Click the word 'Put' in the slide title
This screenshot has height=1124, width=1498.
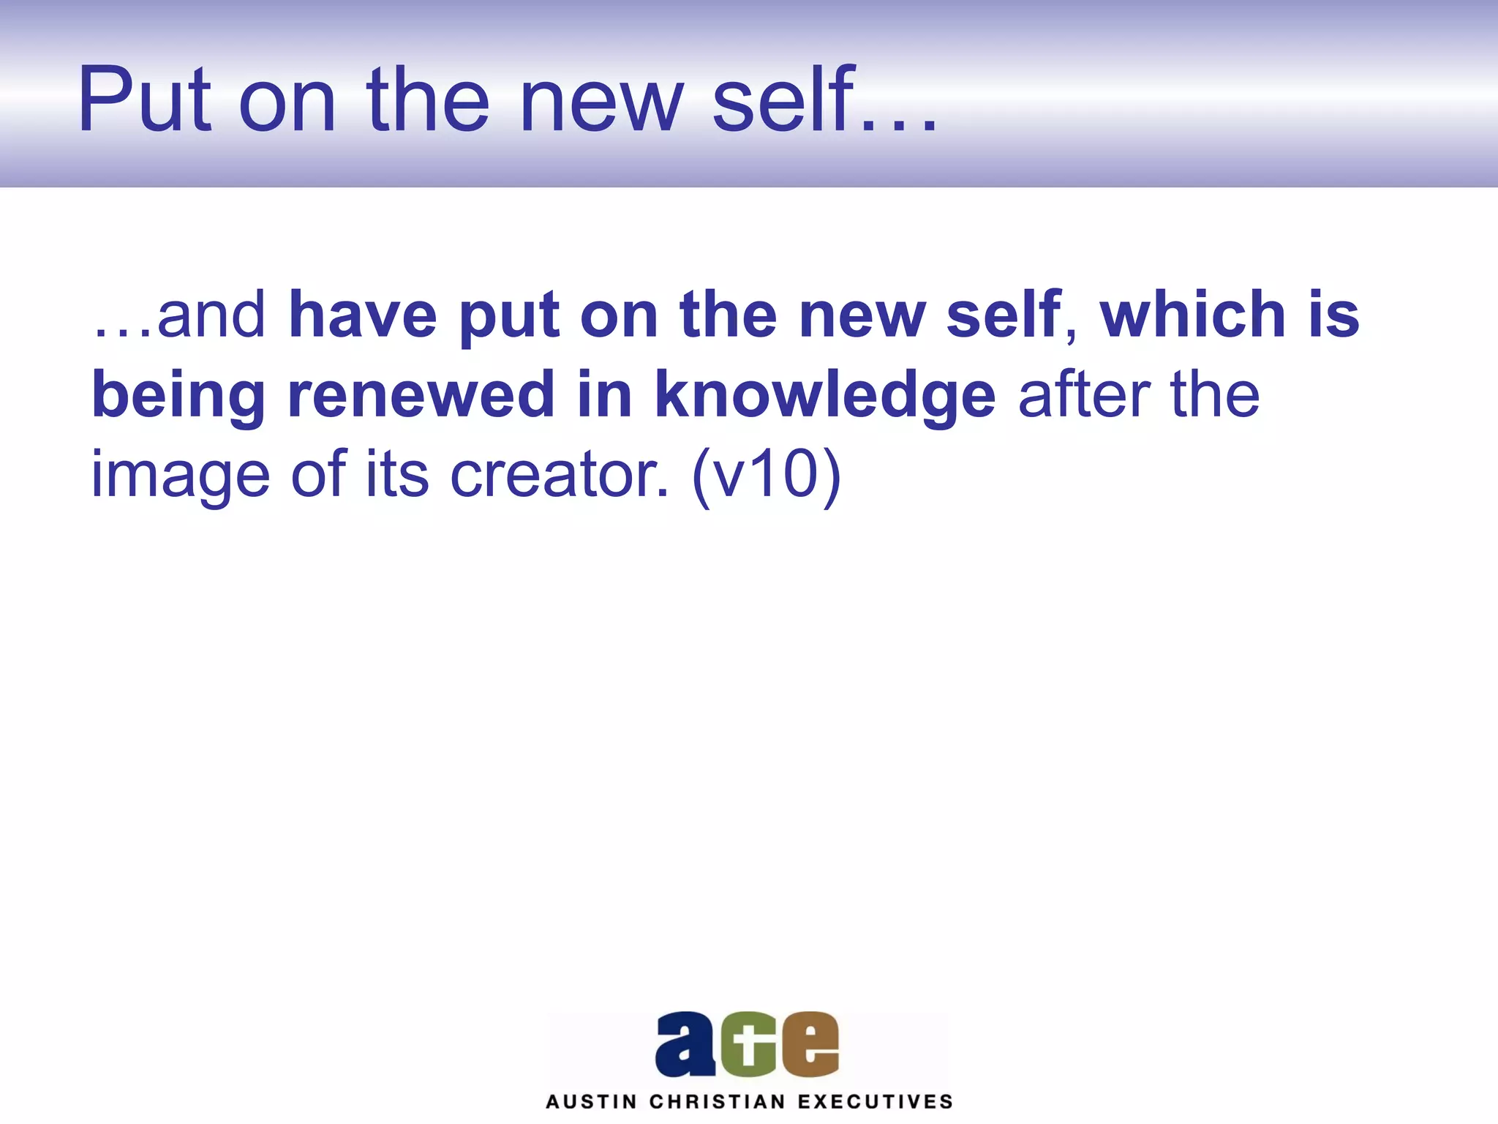144,100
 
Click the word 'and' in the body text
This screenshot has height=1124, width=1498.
211,315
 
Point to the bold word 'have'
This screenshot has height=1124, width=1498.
363,315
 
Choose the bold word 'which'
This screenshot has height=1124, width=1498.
1192,315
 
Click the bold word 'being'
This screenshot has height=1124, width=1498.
178,396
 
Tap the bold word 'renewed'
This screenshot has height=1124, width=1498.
420,394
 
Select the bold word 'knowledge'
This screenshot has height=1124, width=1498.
824,396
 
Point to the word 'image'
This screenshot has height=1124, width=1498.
180,476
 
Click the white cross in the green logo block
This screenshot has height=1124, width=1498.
748,1045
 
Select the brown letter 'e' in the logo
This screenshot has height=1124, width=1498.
810,1044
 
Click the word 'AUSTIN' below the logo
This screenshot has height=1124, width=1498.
591,1102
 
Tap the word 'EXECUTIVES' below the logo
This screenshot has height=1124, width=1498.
875,1102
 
